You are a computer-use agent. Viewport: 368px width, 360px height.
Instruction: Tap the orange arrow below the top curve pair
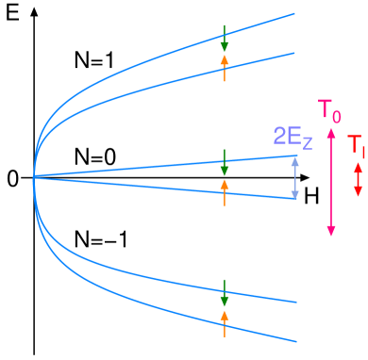[x=224, y=67]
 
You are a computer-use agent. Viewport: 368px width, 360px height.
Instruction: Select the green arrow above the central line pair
[x=224, y=162]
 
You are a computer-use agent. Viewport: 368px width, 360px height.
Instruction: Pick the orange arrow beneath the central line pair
[x=224, y=191]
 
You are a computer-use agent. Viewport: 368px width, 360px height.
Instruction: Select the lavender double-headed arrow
[x=295, y=176]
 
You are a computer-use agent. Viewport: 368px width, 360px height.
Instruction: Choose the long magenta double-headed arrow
[x=330, y=182]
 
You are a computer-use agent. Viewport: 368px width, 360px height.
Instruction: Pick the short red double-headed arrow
[x=357, y=178]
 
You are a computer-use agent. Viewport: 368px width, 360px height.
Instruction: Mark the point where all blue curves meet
[x=33, y=176]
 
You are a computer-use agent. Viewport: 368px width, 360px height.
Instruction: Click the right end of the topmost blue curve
[x=294, y=14]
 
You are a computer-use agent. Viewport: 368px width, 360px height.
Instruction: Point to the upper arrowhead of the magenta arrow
[x=330, y=132]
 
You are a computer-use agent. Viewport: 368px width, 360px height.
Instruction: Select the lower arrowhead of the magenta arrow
[x=330, y=232]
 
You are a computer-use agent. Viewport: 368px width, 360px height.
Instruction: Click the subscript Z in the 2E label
[x=306, y=142]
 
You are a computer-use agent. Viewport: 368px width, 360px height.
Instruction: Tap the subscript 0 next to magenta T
[x=337, y=117]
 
